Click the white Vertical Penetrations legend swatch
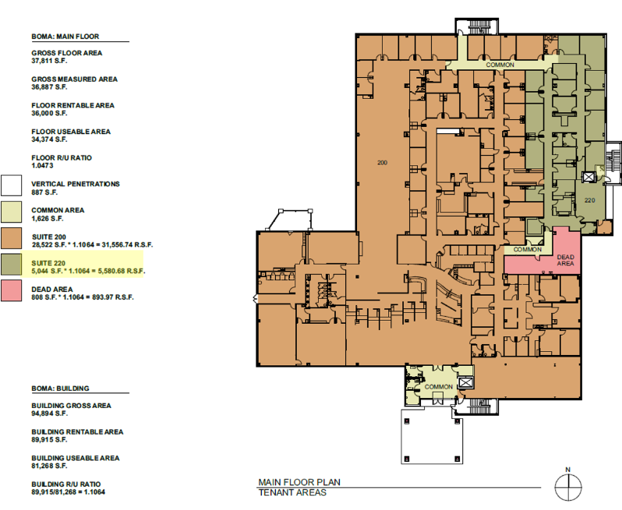pyautogui.click(x=12, y=185)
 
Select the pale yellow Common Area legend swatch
pyautogui.click(x=12, y=212)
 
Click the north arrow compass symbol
pyautogui.click(x=567, y=487)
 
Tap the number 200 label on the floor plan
pyautogui.click(x=382, y=164)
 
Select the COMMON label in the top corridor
pyautogui.click(x=500, y=65)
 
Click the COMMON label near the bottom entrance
pyautogui.click(x=439, y=386)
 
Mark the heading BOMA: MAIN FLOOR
pyautogui.click(x=65, y=37)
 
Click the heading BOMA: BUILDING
pyautogui.click(x=60, y=388)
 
